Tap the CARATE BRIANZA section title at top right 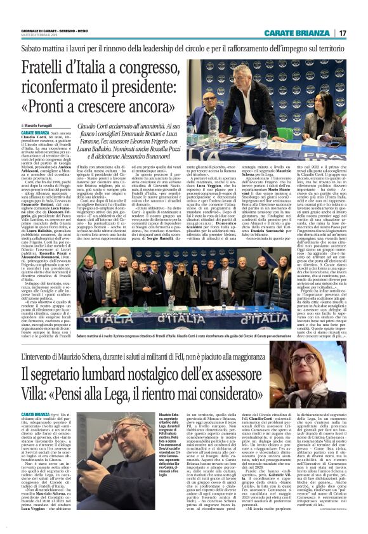(305, 33)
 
